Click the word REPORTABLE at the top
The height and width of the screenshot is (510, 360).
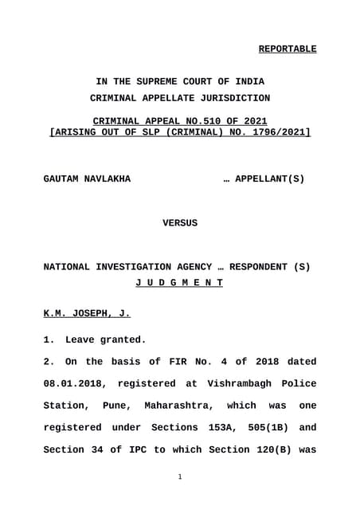pos(287,49)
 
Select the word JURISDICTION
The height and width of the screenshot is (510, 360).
pos(231,98)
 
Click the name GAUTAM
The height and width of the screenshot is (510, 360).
pos(63,179)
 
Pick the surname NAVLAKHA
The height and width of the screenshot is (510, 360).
pos(108,179)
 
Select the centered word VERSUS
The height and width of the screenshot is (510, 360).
pos(180,223)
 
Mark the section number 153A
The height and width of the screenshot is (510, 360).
pos(221,428)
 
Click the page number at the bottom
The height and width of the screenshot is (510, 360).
pos(180,477)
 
